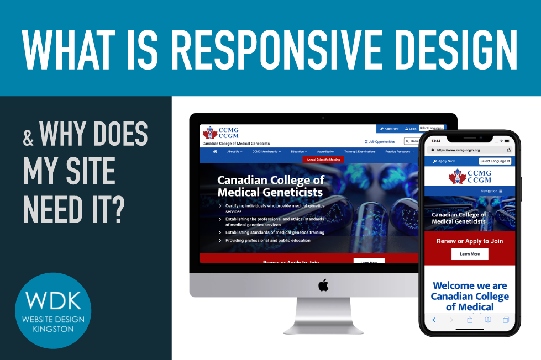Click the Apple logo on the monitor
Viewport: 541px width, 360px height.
pyautogui.click(x=323, y=285)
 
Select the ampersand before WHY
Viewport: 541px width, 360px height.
pyautogui.click(x=28, y=137)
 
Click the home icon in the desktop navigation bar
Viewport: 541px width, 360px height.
pyautogui.click(x=214, y=151)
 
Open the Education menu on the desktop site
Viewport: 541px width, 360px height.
pyautogui.click(x=299, y=151)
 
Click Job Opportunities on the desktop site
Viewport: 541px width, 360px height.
pyautogui.click(x=380, y=141)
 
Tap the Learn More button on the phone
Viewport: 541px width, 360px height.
pyautogui.click(x=470, y=254)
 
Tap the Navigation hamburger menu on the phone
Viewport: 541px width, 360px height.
pyautogui.click(x=501, y=191)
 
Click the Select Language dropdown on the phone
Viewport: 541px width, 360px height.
pyautogui.click(x=495, y=161)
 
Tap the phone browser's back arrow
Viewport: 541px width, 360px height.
pyautogui.click(x=434, y=320)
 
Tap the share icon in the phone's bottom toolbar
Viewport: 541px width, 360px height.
pyautogui.click(x=470, y=320)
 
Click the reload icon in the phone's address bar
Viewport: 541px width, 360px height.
pyautogui.click(x=508, y=150)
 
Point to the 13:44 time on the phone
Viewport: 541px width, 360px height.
pyautogui.click(x=437, y=141)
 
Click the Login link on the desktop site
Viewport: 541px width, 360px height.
pyautogui.click(x=411, y=129)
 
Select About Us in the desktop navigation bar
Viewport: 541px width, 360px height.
pyautogui.click(x=234, y=151)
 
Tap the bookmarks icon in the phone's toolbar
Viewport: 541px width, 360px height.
pyautogui.click(x=488, y=320)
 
